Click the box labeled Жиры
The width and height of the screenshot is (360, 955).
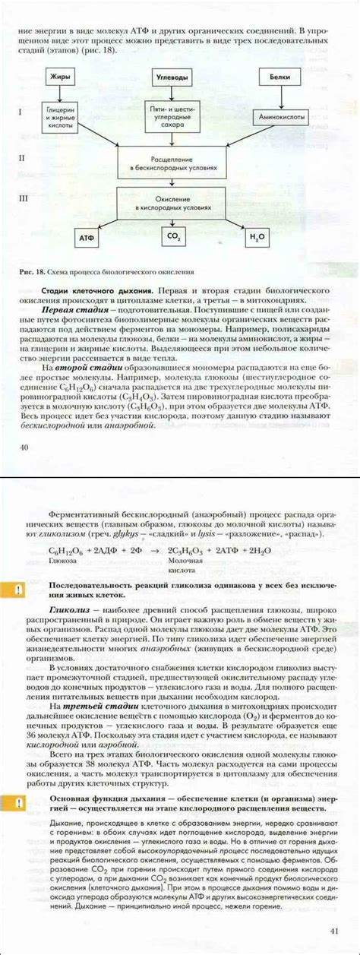tap(60, 77)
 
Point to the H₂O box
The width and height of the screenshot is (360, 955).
tap(258, 238)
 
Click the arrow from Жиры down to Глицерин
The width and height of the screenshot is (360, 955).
tap(60, 94)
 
